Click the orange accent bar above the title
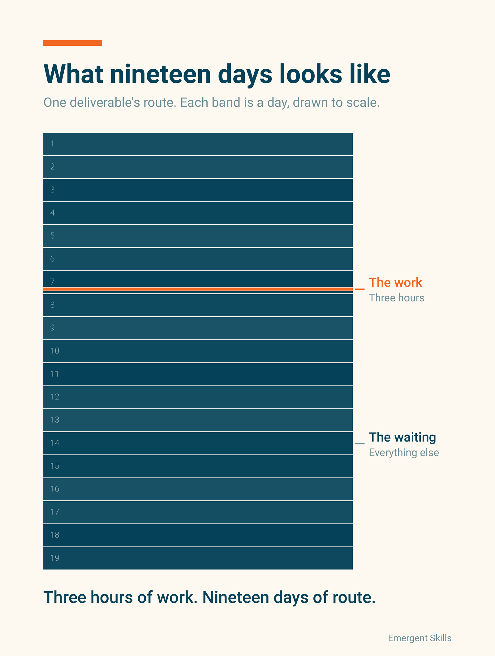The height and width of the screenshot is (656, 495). click(x=73, y=43)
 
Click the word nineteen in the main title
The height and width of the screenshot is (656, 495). click(x=160, y=74)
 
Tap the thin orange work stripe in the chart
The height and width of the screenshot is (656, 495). click(x=198, y=289)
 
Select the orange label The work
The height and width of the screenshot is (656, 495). click(x=395, y=283)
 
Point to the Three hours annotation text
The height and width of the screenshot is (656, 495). click(x=397, y=298)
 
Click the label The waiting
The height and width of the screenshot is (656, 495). click(x=402, y=437)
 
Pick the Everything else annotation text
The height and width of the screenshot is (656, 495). click(x=404, y=452)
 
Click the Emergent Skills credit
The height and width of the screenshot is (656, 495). click(x=420, y=638)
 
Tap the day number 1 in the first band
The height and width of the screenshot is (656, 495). click(x=52, y=144)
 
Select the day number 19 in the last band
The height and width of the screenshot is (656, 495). click(x=55, y=558)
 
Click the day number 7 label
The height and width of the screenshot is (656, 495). click(x=53, y=282)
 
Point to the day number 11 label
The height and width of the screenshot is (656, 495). click(x=54, y=374)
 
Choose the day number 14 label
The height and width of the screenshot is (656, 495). click(x=55, y=443)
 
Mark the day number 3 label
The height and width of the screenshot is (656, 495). click(x=53, y=190)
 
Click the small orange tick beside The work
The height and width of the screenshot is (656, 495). click(x=360, y=289)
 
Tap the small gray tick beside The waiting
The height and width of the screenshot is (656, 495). click(x=360, y=444)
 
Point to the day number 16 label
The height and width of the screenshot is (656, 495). click(x=55, y=489)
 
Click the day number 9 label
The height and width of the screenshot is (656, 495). click(x=53, y=328)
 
